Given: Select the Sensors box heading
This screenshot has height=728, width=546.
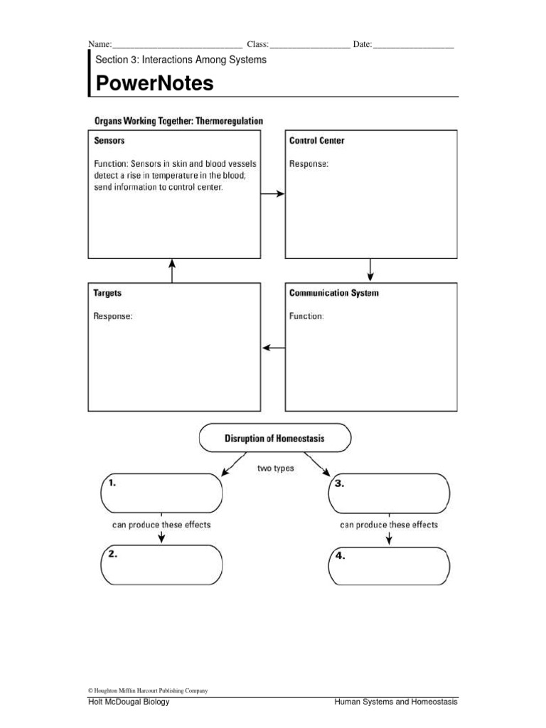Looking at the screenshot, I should [109, 141].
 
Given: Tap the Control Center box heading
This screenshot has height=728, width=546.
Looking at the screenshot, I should [316, 141].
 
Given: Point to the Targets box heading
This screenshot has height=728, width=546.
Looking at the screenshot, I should [107, 293].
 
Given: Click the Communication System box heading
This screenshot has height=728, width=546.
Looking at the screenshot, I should [333, 293].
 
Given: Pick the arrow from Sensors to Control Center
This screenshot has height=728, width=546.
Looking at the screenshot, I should [272, 193].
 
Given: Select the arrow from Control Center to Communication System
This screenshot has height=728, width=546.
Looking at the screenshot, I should [370, 269].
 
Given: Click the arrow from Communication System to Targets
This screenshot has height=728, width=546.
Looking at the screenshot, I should [273, 348].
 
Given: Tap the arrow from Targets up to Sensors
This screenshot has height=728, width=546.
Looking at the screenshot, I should [172, 270].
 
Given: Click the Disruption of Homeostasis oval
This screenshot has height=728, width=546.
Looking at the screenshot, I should [275, 439].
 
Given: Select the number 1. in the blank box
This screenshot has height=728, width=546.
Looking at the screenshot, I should [112, 482].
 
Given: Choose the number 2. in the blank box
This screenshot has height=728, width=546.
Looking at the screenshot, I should [112, 555].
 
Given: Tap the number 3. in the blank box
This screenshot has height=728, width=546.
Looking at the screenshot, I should [340, 483].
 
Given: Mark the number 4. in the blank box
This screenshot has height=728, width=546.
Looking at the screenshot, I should [340, 557].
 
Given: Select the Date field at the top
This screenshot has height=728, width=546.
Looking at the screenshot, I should [412, 44].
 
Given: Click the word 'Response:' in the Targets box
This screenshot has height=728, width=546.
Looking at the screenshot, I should [113, 316].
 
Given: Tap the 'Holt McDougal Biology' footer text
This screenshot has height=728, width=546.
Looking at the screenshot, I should [129, 702].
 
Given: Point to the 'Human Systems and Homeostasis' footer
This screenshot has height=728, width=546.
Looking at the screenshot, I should [396, 702].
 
